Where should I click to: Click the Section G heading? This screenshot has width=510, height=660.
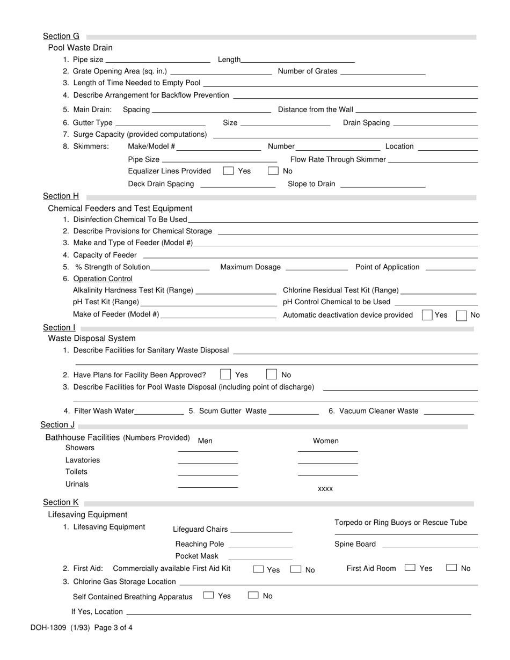[x=61, y=36]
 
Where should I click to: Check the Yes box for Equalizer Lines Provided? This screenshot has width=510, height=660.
[x=228, y=171]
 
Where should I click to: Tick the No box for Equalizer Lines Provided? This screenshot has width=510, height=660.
[x=273, y=171]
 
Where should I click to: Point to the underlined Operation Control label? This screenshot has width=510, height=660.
[x=103, y=278]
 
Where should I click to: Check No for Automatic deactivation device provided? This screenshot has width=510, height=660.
[x=461, y=315]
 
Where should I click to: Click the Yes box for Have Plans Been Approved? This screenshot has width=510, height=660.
[x=226, y=375]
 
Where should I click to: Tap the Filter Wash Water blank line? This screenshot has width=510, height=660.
[x=159, y=411]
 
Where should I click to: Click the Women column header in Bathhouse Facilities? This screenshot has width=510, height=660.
[x=326, y=441]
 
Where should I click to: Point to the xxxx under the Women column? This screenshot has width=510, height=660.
[x=325, y=489]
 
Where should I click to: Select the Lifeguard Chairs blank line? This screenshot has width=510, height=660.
[x=261, y=529]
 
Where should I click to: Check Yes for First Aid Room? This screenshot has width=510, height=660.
[x=410, y=567]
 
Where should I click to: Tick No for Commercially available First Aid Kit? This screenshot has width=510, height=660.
[x=296, y=569]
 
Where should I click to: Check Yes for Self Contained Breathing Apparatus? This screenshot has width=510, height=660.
[x=209, y=595]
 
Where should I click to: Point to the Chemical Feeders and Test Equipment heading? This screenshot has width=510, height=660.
[x=120, y=208]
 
